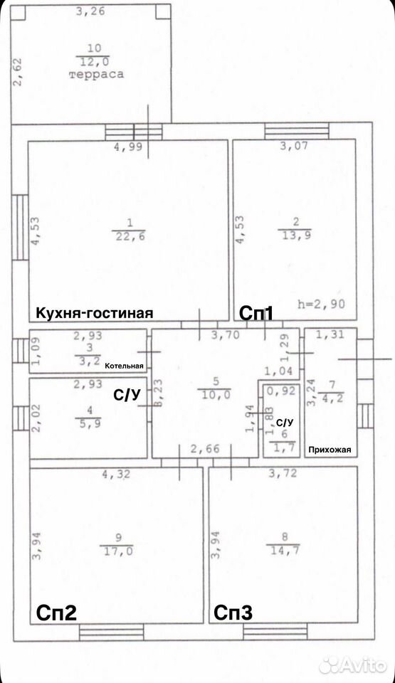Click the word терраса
coord(96,74)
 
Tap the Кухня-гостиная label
coord(94,313)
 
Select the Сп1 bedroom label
coord(256,313)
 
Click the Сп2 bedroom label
coord(56,613)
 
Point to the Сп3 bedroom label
coord(233,613)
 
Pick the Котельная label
coord(125,366)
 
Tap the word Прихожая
coord(330,450)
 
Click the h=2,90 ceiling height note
coord(321,303)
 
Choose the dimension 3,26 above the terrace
coord(90,11)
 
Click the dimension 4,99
coord(128,147)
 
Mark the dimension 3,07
coord(294,146)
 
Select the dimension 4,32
coord(117,474)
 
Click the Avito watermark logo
coord(353,665)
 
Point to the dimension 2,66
coord(205,449)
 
